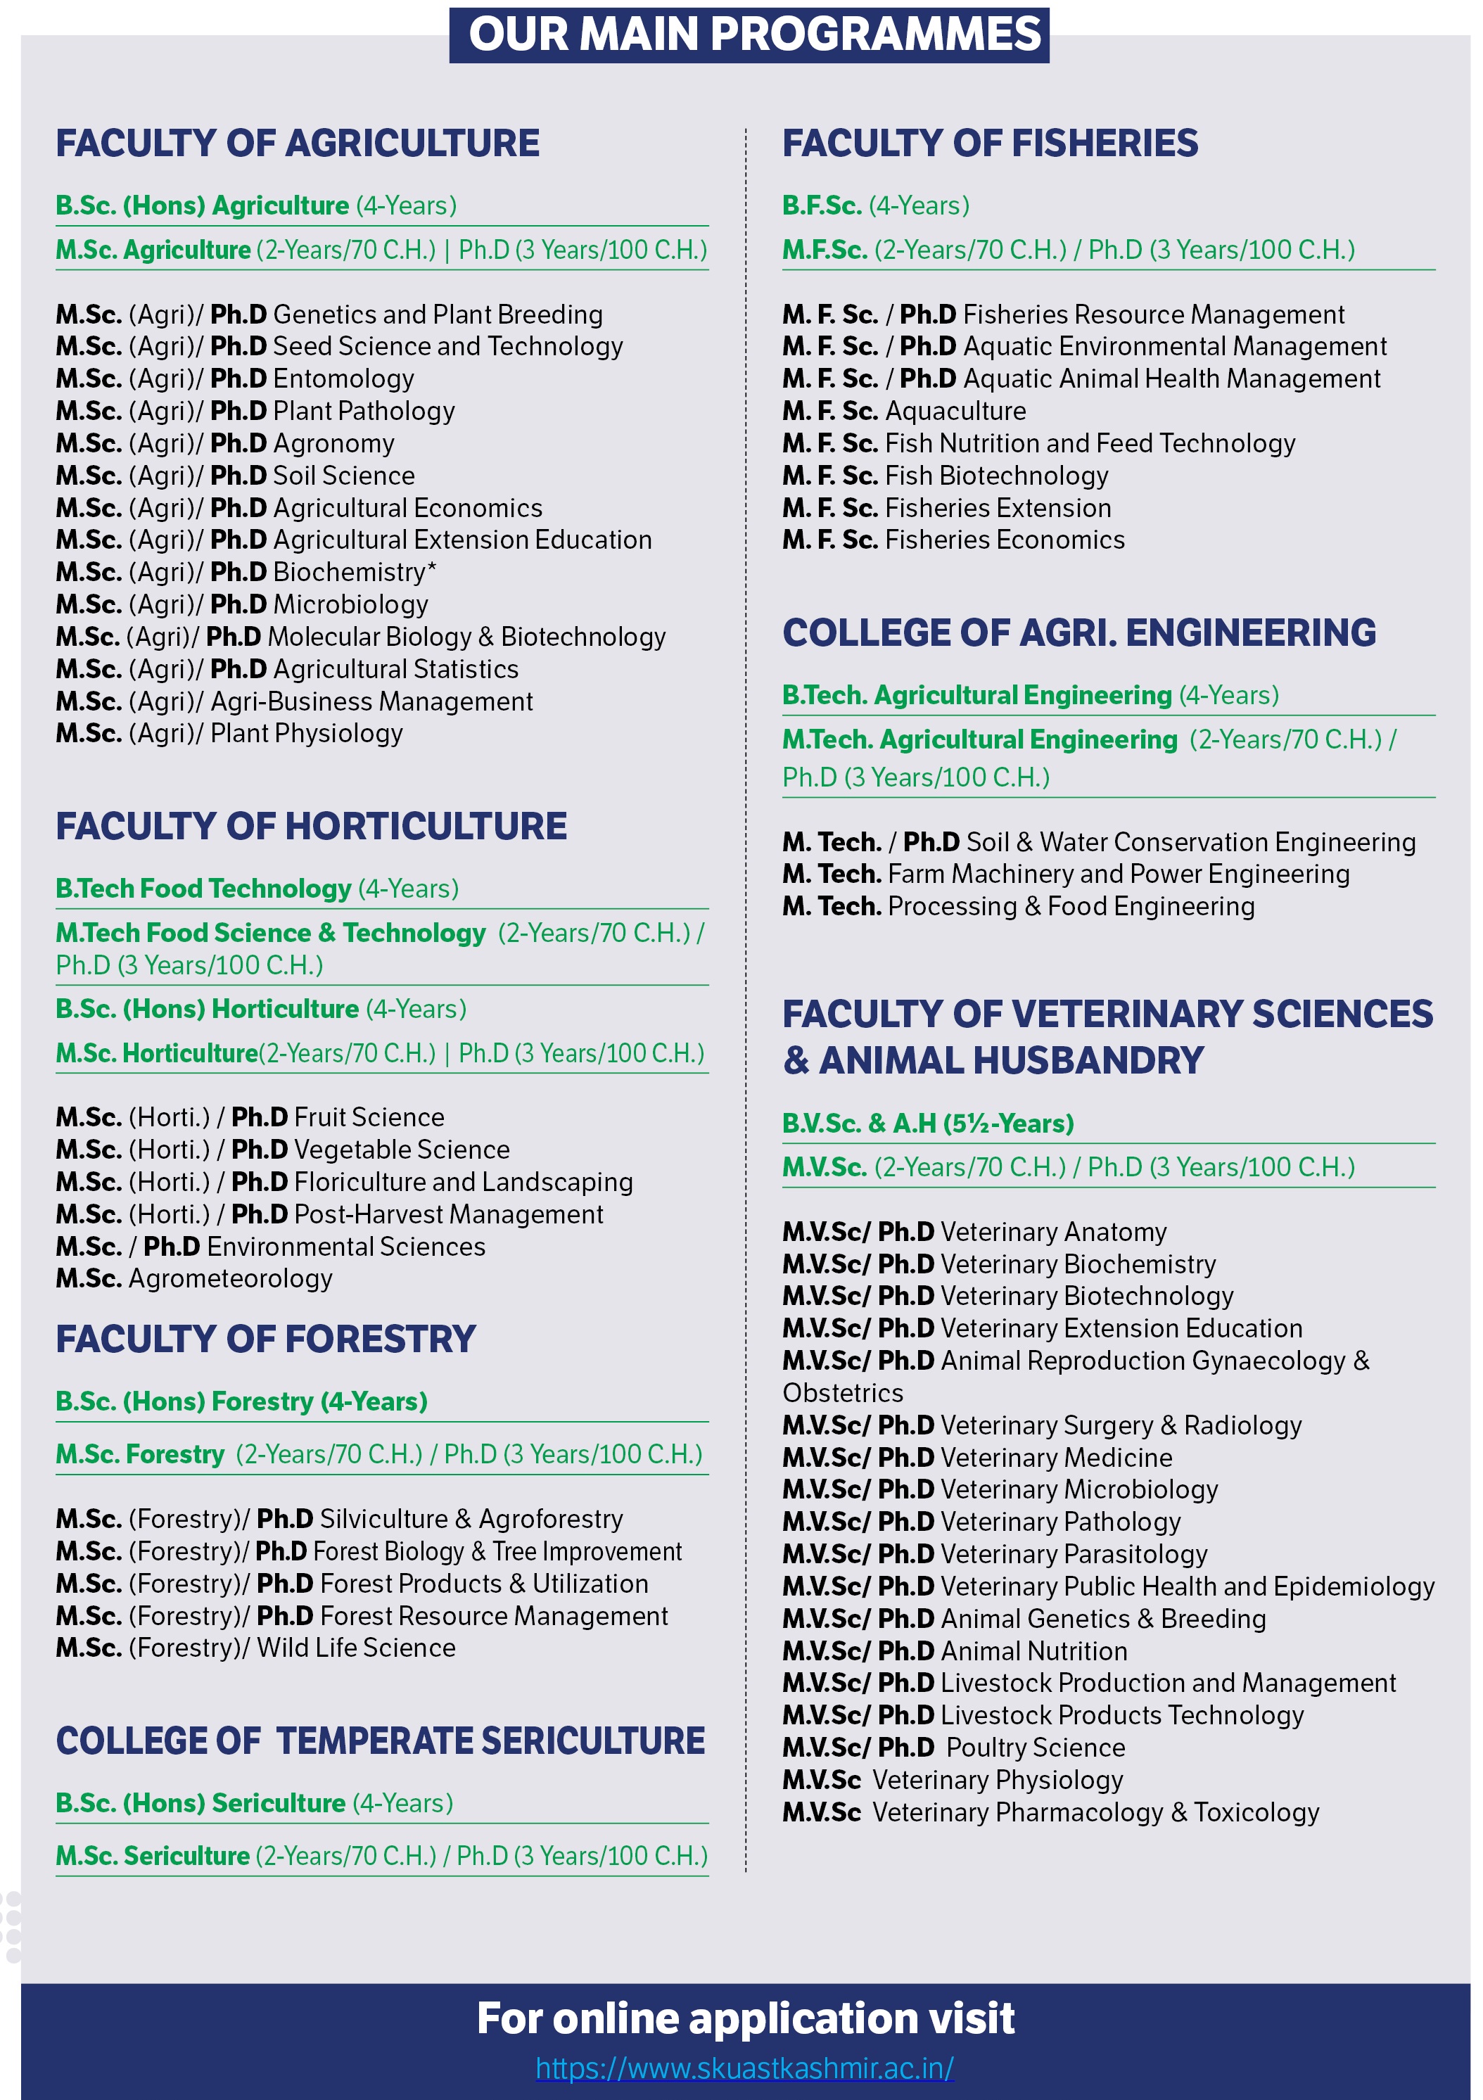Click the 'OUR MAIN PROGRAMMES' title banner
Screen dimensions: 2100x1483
(749, 34)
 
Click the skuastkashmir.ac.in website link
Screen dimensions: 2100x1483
(745, 2067)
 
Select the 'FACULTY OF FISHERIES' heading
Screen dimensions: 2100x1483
(990, 144)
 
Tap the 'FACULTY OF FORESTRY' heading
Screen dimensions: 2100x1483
(266, 1339)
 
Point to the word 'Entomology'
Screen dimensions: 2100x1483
(344, 378)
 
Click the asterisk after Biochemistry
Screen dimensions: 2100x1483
(432, 569)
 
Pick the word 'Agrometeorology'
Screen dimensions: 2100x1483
(231, 1279)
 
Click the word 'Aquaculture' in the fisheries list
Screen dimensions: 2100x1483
(956, 412)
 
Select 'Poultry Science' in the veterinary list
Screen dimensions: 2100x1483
(1036, 1748)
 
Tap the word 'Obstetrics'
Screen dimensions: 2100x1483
(843, 1393)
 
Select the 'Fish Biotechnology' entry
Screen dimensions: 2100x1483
(996, 476)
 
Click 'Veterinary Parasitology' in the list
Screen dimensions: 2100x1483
(1074, 1554)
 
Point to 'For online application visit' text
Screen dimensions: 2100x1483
(746, 2018)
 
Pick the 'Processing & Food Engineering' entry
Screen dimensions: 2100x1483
(1071, 906)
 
